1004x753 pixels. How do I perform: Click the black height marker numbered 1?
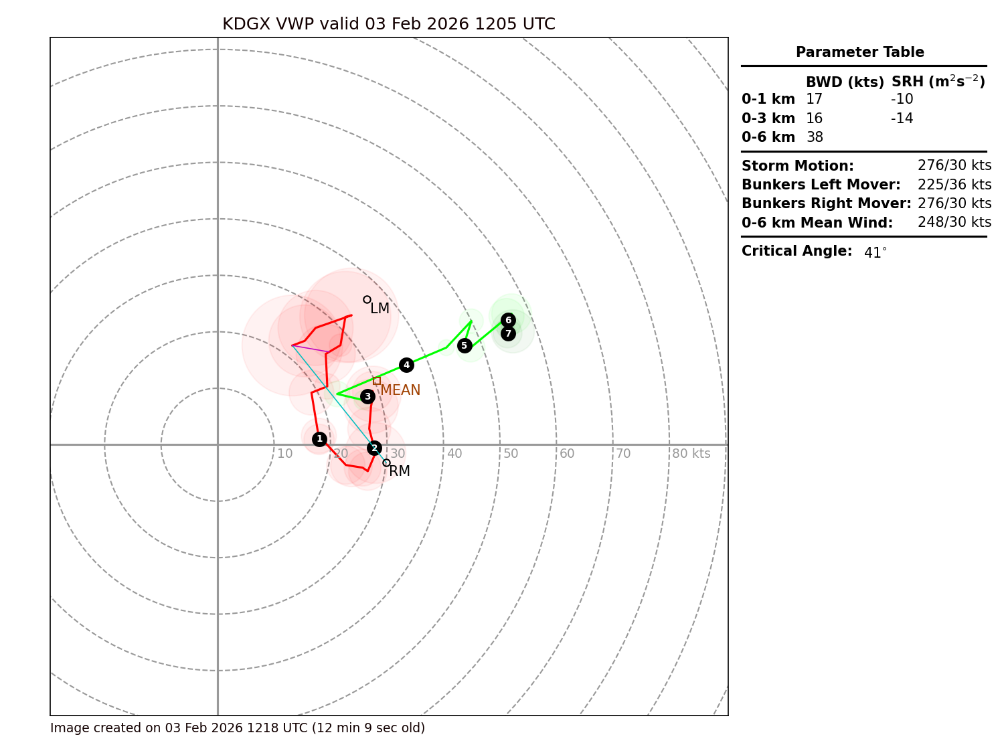[x=319, y=439]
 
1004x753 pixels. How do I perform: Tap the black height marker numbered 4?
[x=406, y=365]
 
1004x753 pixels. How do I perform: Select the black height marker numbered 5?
[x=465, y=345]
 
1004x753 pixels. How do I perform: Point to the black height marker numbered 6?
[x=508, y=320]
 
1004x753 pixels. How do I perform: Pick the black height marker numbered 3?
[x=367, y=396]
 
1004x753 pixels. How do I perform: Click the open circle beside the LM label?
[x=367, y=299]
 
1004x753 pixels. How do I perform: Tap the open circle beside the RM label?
[x=386, y=463]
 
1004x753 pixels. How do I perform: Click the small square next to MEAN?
[x=377, y=381]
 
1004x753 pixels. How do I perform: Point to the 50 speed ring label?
[x=511, y=454]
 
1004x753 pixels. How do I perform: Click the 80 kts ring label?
[x=691, y=454]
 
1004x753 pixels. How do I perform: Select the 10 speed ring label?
[x=285, y=454]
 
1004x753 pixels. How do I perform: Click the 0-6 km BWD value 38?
[x=815, y=137]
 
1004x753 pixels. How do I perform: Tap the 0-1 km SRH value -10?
[x=902, y=99]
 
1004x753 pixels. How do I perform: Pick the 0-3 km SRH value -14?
[x=902, y=118]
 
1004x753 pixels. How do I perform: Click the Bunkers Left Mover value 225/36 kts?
[x=954, y=185]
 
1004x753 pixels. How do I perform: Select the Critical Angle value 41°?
[x=875, y=252]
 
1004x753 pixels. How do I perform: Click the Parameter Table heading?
[x=859, y=52]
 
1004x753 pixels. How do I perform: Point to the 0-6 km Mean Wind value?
[x=954, y=222]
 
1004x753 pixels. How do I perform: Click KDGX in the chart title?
[x=246, y=24]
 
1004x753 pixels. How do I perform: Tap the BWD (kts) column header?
[x=845, y=82]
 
